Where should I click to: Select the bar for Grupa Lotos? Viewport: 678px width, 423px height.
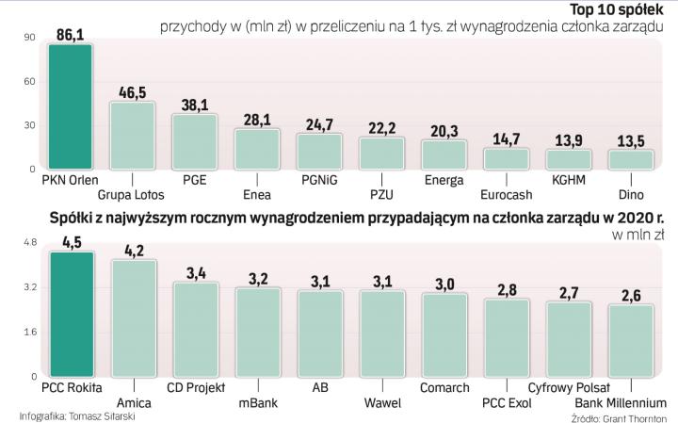click(132, 136)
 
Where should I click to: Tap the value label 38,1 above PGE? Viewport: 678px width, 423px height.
click(194, 106)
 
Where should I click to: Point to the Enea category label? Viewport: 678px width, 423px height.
click(256, 195)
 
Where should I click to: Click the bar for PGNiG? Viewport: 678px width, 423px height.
click(318, 151)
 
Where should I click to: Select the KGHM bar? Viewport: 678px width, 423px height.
click(568, 158)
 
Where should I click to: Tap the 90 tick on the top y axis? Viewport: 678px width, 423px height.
click(29, 38)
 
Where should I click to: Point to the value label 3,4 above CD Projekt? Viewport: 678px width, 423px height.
click(196, 273)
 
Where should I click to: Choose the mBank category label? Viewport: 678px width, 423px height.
click(257, 403)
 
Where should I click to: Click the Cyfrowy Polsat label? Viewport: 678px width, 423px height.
click(567, 386)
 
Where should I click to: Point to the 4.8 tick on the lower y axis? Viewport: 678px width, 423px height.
click(28, 243)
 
